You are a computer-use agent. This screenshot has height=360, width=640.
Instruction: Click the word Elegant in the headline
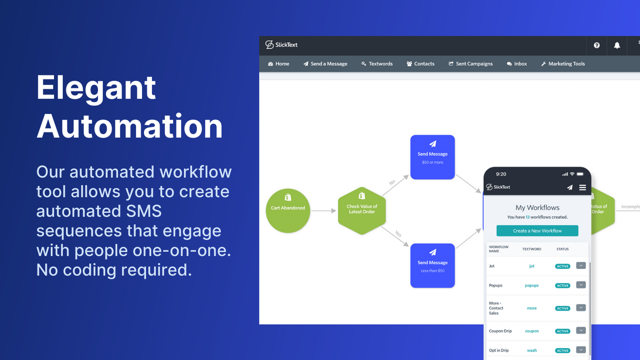96,88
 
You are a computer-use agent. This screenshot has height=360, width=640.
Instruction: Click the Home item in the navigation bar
278,64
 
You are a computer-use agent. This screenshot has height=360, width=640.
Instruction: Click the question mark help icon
596,45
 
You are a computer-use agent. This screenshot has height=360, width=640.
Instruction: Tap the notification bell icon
617,45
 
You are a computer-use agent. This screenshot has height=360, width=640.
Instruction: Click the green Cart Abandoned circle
288,210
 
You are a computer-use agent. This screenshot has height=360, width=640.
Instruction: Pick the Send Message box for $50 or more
432,157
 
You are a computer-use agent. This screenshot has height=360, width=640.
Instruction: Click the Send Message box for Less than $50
432,265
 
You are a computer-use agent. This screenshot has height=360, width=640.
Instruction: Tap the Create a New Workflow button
537,230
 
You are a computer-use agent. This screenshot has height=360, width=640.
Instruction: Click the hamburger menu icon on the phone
582,187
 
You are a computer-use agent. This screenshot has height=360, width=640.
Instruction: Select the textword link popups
531,285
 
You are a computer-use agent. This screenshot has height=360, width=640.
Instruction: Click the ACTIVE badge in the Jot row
562,266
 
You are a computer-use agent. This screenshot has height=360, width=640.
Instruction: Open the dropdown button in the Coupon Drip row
580,330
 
